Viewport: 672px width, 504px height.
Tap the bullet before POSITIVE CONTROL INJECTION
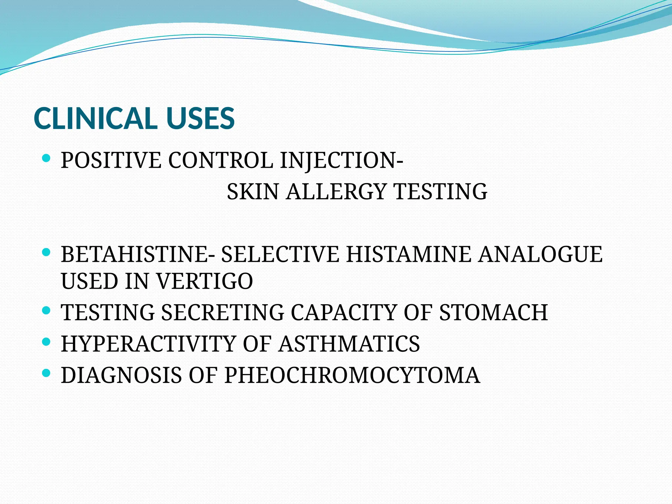[x=46, y=159]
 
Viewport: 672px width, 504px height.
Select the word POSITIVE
[x=111, y=160]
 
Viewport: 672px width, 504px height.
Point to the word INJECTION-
[x=342, y=160]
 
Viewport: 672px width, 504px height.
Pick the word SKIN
[x=253, y=192]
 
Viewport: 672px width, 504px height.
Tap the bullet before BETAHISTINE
[x=46, y=252]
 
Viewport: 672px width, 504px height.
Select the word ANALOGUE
[x=540, y=254]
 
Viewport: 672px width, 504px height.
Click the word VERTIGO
[x=204, y=281]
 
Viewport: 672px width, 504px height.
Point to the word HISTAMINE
[x=409, y=254]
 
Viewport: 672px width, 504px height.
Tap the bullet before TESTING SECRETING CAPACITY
[x=46, y=310]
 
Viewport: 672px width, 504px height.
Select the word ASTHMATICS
[x=349, y=344]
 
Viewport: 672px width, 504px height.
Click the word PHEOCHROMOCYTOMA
[x=352, y=375]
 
